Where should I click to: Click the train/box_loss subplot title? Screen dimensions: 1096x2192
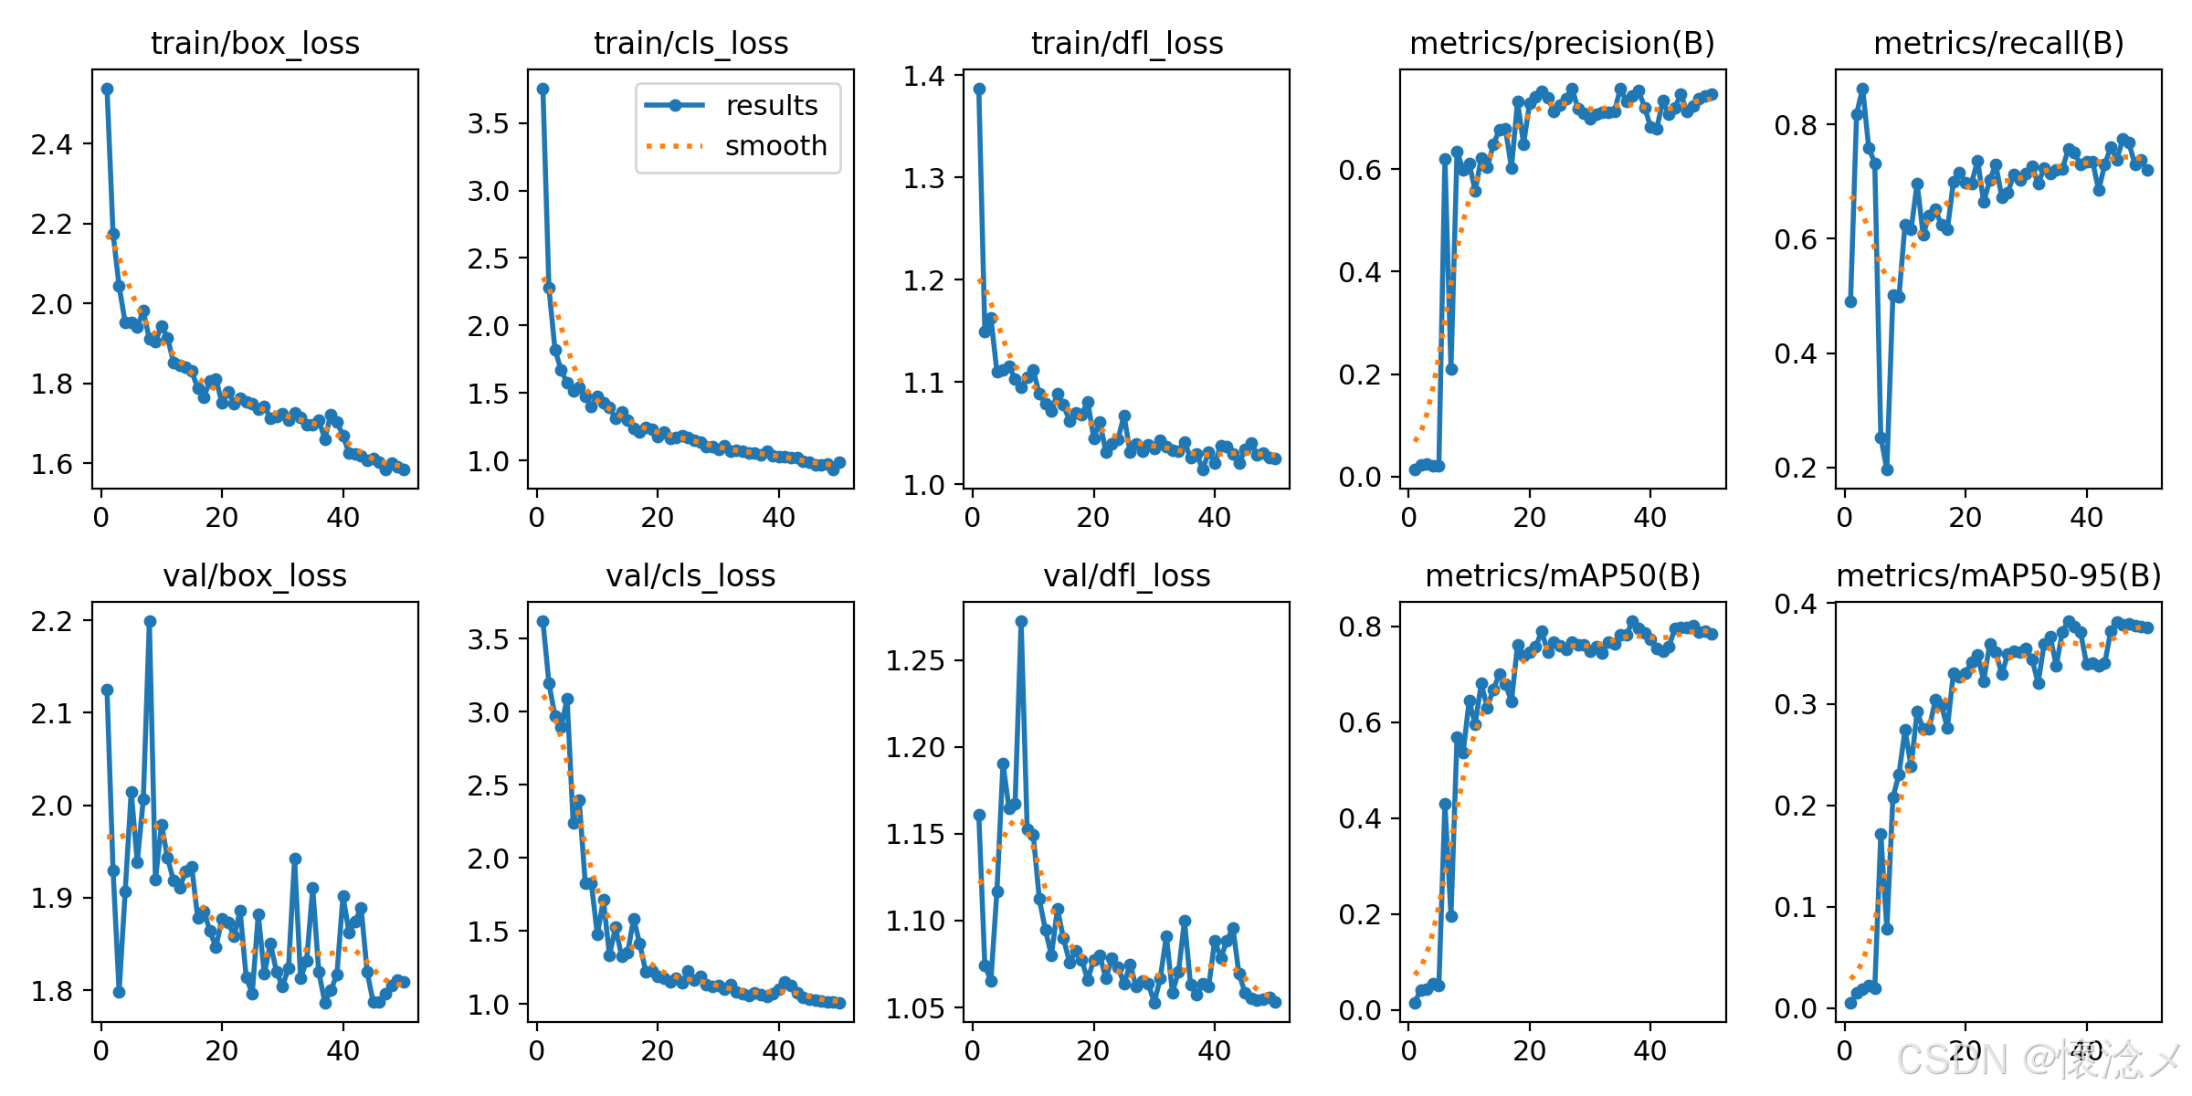pos(255,44)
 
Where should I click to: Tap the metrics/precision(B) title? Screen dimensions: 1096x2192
pos(1562,44)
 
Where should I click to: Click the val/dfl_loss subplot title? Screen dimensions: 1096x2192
pos(1126,576)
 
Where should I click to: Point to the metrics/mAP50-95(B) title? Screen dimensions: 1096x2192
pos(1998,576)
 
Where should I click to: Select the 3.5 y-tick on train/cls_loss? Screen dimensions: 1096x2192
pos(488,123)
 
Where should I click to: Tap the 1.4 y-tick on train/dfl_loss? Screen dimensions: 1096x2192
pos(923,76)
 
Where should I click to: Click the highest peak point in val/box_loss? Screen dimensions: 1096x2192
pos(150,621)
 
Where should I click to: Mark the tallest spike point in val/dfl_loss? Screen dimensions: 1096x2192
pos(1021,621)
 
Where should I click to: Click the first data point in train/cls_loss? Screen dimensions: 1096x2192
pos(543,89)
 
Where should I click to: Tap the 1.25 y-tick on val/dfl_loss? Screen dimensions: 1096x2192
pos(915,660)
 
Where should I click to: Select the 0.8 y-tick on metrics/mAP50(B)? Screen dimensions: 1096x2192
pos(1360,627)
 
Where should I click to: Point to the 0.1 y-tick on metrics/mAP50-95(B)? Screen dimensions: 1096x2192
pos(1796,908)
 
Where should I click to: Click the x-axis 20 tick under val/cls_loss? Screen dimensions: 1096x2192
pos(658,1051)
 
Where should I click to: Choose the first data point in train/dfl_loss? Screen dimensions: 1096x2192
pos(979,89)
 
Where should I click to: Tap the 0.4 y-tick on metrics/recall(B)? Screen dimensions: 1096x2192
pos(1796,354)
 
